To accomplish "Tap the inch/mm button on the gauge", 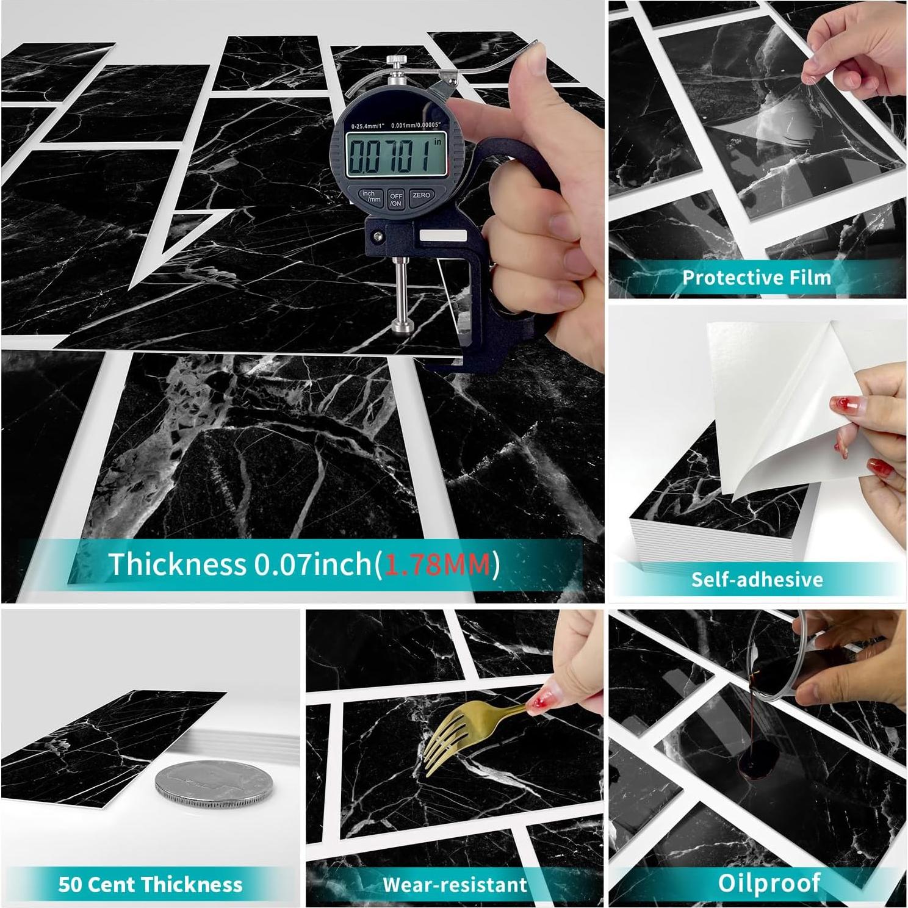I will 369,196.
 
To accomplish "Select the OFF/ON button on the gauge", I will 396,200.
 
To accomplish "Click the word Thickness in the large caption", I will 177,564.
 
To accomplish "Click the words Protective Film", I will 757,278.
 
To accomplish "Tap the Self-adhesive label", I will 757,579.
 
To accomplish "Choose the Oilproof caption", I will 769,882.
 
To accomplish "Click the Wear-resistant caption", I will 455,884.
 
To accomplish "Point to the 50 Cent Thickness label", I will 150,884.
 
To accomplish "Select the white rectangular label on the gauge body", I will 442,236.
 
